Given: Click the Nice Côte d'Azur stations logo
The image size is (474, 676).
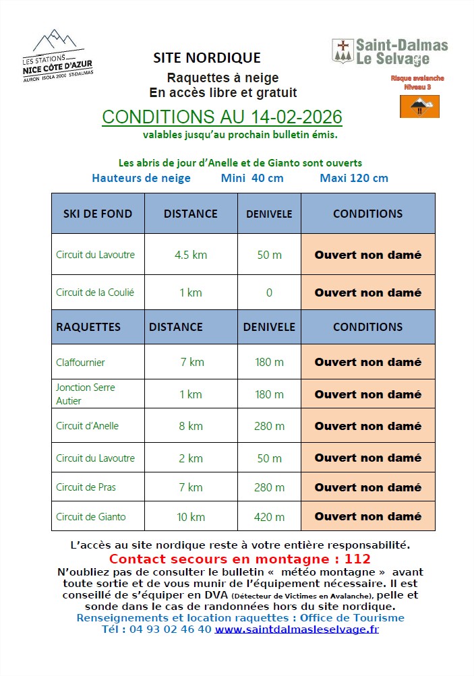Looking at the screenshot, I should click(58, 55).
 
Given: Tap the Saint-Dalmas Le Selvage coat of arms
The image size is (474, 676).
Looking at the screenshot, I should click(343, 51).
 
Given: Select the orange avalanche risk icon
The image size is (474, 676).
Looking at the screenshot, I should click(419, 106).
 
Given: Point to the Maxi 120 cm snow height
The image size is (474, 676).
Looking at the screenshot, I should click(354, 178).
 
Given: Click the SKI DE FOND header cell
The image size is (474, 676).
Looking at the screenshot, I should click(97, 214).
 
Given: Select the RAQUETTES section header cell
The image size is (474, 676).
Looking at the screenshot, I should click(88, 327).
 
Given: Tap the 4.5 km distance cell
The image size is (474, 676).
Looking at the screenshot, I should click(190, 255).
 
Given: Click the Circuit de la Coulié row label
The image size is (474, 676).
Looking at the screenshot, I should click(95, 293).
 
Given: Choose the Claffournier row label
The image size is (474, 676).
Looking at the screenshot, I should click(81, 362).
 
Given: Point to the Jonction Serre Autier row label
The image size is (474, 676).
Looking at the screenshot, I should click(86, 394).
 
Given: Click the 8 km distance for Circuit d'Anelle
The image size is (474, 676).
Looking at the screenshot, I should click(190, 426).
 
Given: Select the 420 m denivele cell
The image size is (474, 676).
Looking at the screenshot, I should click(269, 517).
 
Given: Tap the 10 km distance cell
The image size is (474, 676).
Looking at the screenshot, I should click(190, 517).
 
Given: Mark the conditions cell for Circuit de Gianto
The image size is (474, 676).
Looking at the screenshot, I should click(367, 516).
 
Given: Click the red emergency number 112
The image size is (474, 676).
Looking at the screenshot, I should click(357, 559).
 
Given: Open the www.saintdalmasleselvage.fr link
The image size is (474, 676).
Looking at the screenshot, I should click(297, 629).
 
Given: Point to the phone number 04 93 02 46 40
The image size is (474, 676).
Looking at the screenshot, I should click(156, 629).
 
